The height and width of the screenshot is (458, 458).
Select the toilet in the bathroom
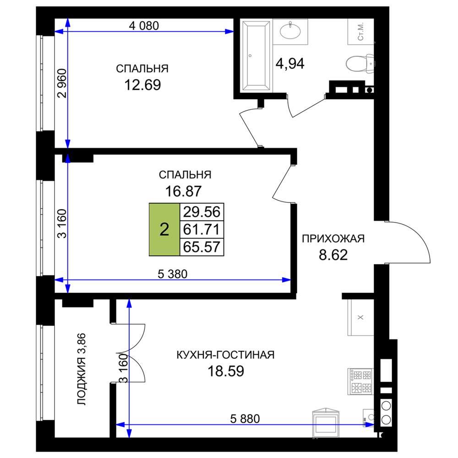tap(359, 63)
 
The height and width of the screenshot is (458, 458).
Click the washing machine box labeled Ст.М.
tap(361, 32)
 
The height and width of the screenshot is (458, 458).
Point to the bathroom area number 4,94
tap(290, 63)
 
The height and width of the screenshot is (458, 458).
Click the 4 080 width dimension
tap(144, 26)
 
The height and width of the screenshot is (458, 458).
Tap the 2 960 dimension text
tap(62, 83)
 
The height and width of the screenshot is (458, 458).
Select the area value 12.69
tap(142, 85)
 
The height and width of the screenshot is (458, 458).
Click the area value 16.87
tap(184, 191)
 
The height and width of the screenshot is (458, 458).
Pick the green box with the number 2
tap(164, 229)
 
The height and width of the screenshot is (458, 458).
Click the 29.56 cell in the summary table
tap(202, 212)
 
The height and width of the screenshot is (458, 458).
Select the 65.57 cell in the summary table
tap(202, 247)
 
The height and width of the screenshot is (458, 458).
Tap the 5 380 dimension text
tap(172, 274)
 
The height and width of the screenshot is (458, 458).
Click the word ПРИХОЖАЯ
tap(333, 239)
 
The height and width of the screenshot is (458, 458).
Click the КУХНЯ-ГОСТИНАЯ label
tap(225, 354)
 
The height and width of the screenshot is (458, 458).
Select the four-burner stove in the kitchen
tap(360, 381)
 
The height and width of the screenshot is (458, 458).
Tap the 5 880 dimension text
tap(245, 419)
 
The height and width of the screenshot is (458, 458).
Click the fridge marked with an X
tap(360, 317)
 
